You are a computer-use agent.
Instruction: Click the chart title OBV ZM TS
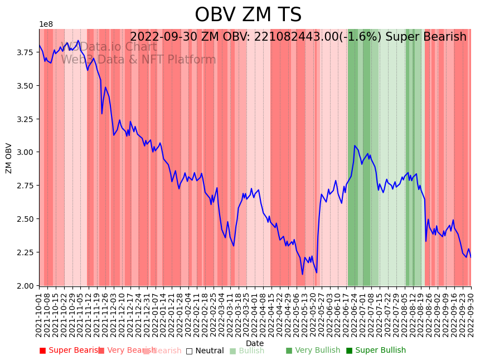point(248,15)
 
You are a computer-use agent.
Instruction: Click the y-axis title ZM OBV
point(9,158)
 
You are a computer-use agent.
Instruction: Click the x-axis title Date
point(255,343)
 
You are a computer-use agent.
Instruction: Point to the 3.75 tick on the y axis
point(25,52)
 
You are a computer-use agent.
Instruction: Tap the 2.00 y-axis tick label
point(25,286)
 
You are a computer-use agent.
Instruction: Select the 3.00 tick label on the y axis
point(25,152)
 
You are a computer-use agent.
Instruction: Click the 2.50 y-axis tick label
point(25,219)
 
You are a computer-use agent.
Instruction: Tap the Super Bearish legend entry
point(71,351)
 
